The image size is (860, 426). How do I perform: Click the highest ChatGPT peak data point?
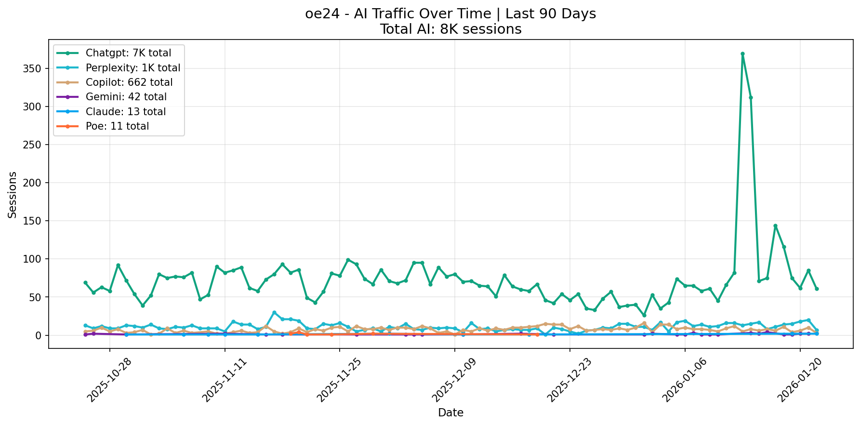pyautogui.click(x=742, y=54)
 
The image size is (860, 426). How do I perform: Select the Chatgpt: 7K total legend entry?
pyautogui.click(x=128, y=53)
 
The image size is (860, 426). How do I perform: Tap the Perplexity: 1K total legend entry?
pyautogui.click(x=132, y=68)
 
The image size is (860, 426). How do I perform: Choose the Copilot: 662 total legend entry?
pyautogui.click(x=129, y=82)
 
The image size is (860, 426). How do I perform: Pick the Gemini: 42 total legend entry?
pyautogui.click(x=126, y=97)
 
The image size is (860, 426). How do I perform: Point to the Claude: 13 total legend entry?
pyautogui.click(x=125, y=112)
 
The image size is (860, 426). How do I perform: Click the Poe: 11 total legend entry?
pyautogui.click(x=117, y=126)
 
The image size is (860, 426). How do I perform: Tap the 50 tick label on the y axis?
pyautogui.click(x=40, y=297)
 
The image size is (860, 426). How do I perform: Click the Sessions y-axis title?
pyautogui.click(x=13, y=195)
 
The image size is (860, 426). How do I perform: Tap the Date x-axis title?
pyautogui.click(x=450, y=413)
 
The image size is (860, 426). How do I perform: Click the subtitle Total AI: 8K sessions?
pyautogui.click(x=450, y=29)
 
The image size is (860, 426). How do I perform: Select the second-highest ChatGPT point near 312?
pyautogui.click(x=751, y=97)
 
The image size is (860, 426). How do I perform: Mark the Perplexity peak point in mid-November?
pyautogui.click(x=274, y=313)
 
